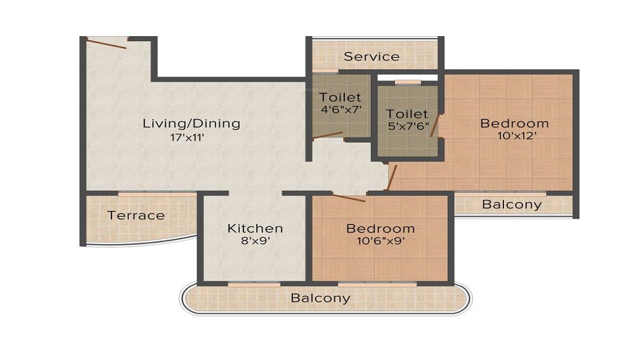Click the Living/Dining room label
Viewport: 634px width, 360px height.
(x=191, y=123)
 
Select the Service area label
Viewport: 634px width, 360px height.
(x=372, y=56)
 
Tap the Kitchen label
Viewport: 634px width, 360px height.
(x=255, y=228)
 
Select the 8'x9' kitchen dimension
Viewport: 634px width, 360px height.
(x=255, y=241)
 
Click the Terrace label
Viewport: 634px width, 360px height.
(x=136, y=215)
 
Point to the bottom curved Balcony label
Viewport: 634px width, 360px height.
(x=320, y=298)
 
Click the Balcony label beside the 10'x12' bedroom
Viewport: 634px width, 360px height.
(x=512, y=205)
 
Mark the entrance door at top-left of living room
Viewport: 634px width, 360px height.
(x=107, y=44)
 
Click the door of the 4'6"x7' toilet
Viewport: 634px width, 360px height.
(x=328, y=136)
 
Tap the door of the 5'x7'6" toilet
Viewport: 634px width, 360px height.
(x=435, y=125)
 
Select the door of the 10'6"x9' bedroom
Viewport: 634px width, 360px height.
(x=348, y=197)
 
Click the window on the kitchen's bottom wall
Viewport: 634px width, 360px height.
(x=254, y=285)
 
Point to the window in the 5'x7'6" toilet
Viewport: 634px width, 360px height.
(x=408, y=82)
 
